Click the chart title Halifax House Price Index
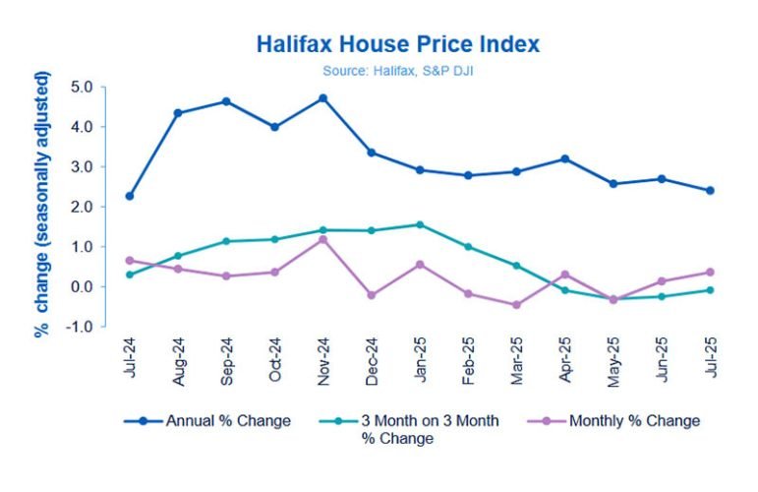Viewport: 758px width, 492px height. click(x=397, y=45)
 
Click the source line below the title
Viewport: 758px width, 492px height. click(x=397, y=70)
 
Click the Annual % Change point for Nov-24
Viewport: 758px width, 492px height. click(x=322, y=98)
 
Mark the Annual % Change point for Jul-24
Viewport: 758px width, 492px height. click(x=130, y=196)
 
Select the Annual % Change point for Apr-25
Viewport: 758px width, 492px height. click(x=564, y=158)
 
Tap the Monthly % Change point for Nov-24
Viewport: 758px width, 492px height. click(x=322, y=239)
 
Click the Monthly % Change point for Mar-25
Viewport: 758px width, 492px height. click(x=516, y=305)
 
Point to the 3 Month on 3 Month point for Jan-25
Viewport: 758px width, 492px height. click(x=420, y=224)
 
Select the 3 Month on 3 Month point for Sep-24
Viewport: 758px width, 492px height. click(x=226, y=241)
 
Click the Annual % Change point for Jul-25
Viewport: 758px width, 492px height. click(x=710, y=191)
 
